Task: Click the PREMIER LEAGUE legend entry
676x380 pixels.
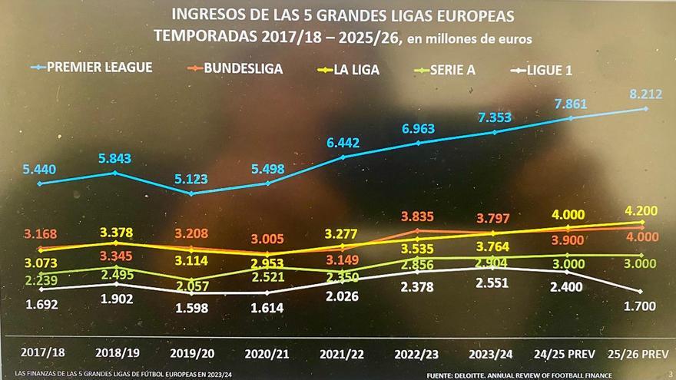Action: (98, 68)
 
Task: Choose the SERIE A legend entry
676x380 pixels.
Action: (449, 71)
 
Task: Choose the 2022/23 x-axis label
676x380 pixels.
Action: (417, 352)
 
